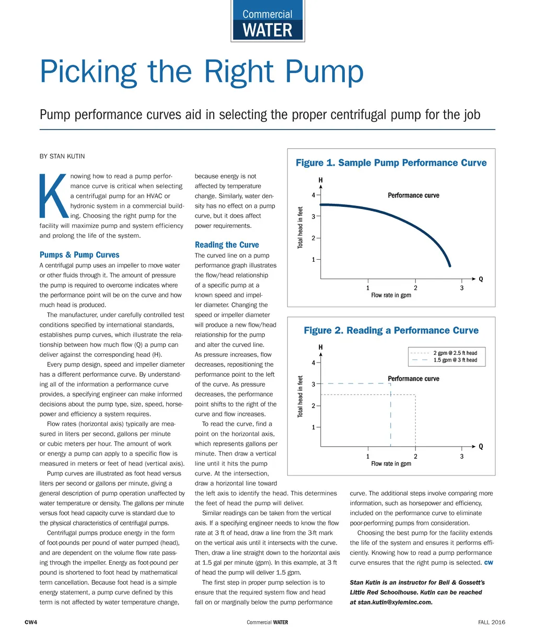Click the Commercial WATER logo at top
click(267, 22)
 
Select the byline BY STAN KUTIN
click(62, 156)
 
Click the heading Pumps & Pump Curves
click(79, 255)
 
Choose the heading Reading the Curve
click(227, 245)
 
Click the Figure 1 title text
click(391, 162)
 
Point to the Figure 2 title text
click(391, 330)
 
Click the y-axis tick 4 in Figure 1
click(313, 195)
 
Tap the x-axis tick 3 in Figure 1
click(462, 288)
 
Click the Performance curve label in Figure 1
click(413, 195)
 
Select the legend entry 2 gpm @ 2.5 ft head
click(455, 353)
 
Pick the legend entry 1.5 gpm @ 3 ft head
click(455, 360)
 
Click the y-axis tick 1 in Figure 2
click(313, 427)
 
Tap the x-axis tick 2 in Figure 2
click(415, 456)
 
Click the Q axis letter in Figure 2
click(481, 447)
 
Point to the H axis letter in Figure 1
click(320, 180)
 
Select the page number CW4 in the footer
click(31, 622)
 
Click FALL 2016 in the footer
click(491, 622)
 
